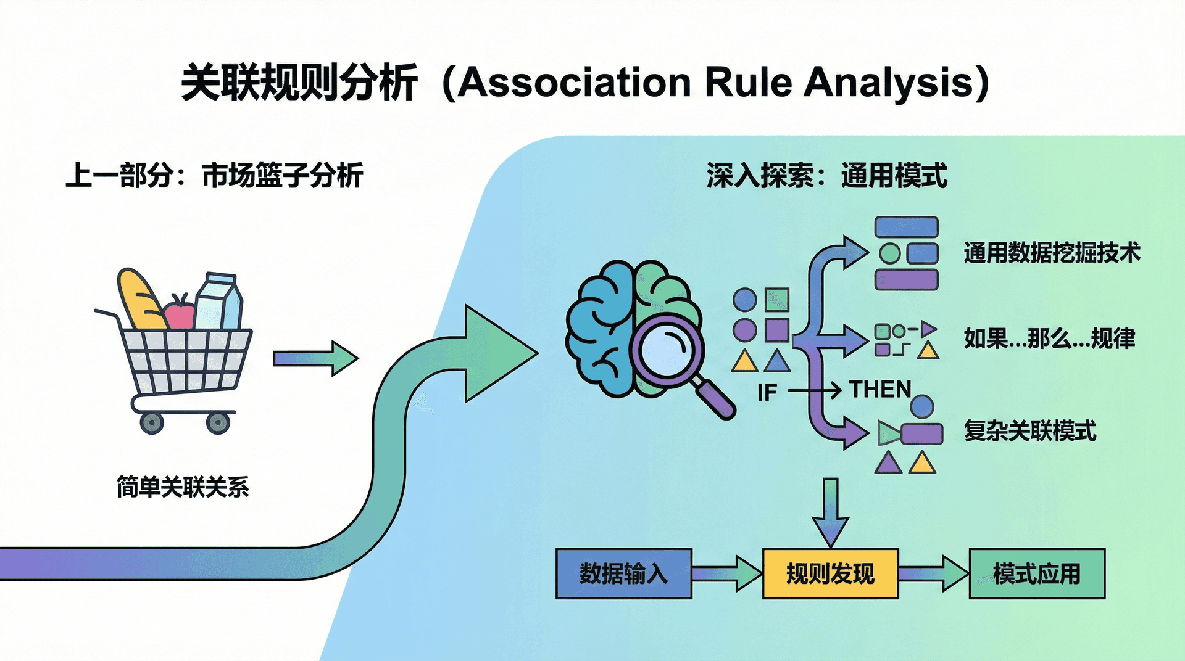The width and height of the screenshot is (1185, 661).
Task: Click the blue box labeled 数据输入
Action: (623, 573)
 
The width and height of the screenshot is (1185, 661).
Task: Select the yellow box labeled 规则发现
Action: (830, 573)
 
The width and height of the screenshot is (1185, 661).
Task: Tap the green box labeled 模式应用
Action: (1037, 573)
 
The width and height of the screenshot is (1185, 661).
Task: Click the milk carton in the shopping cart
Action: (219, 302)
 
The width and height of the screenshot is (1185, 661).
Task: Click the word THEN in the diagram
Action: (880, 390)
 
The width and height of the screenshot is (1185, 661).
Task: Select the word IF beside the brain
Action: (767, 393)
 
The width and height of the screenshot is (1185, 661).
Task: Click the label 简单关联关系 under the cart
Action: (183, 487)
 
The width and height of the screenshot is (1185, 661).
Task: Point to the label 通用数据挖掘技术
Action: (1052, 253)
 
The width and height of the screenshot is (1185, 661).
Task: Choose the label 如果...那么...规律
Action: (1049, 339)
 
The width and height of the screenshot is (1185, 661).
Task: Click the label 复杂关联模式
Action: (1030, 430)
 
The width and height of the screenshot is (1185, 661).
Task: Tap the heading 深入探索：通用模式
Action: (826, 176)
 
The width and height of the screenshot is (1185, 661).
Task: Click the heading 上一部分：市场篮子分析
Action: (214, 176)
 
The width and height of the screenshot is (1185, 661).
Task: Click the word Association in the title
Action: (574, 83)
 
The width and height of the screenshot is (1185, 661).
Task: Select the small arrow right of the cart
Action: (315, 358)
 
